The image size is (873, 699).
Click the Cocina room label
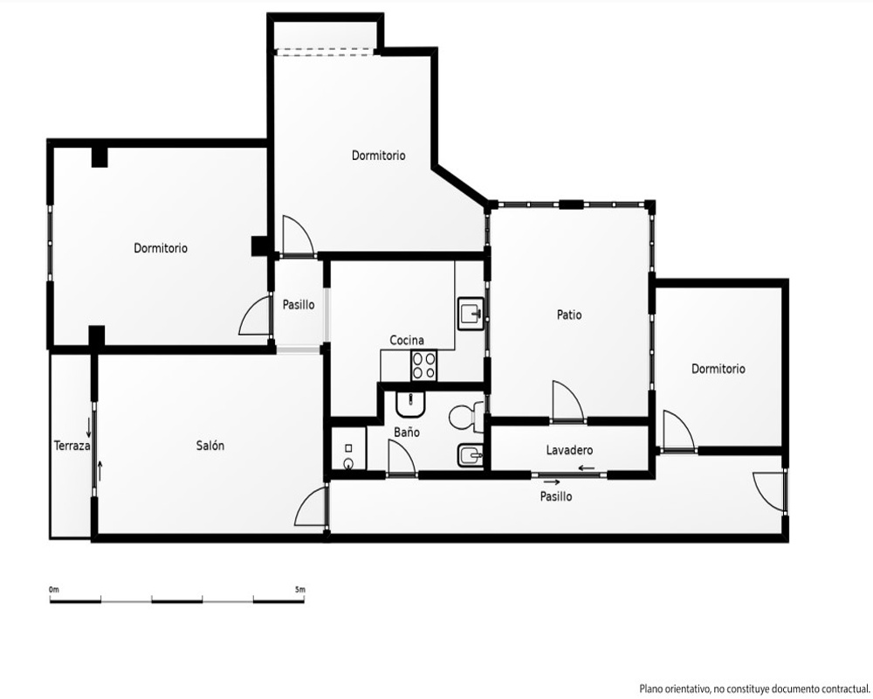click(x=407, y=340)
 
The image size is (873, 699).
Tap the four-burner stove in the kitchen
click(x=423, y=366)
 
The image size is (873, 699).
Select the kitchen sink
click(x=471, y=314)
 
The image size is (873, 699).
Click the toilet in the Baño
click(x=466, y=417)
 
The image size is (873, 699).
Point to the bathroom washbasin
click(x=411, y=405)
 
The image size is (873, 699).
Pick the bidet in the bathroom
click(x=471, y=456)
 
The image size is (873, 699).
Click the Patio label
click(x=569, y=315)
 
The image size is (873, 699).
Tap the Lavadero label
click(x=569, y=450)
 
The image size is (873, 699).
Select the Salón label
click(x=210, y=446)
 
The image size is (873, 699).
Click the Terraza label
click(x=72, y=446)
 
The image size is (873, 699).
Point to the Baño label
click(x=407, y=432)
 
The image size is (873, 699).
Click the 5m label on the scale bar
click(x=300, y=589)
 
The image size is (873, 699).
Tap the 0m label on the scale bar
click(x=54, y=589)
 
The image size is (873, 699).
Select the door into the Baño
click(x=401, y=458)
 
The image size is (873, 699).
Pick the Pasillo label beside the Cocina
click(x=299, y=305)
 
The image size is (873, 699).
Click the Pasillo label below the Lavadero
click(x=555, y=496)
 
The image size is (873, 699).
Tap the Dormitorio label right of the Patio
click(x=718, y=369)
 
